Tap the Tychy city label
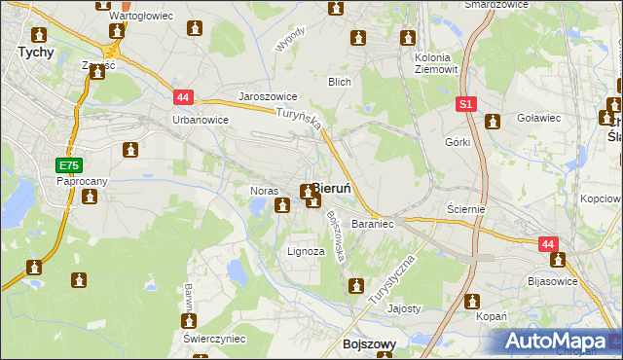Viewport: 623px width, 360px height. [35, 54]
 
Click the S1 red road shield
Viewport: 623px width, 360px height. [466, 102]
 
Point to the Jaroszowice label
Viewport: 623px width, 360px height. [268, 97]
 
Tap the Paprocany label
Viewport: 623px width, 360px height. [81, 181]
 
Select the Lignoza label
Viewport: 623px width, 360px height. [306, 251]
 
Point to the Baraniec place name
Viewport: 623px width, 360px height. [372, 224]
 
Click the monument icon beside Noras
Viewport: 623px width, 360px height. [282, 204]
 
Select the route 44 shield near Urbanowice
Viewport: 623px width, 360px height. [183, 97]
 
